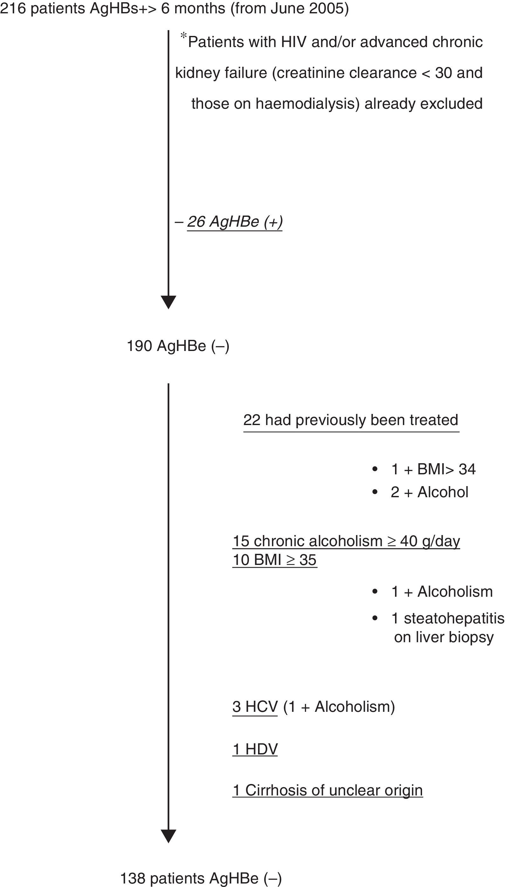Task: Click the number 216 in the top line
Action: coord(13,8)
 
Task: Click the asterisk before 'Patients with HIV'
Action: coord(183,36)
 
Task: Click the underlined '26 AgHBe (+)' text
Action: coord(235,222)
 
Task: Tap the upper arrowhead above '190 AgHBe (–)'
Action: coord(168,301)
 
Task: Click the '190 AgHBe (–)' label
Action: coord(178,346)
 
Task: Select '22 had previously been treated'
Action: coord(351,420)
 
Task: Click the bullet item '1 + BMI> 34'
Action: coord(433,469)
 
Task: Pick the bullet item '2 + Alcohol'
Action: coord(429,492)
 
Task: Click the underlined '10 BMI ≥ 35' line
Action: coord(274,560)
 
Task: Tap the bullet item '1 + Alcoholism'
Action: coord(441,592)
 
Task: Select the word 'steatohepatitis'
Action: coord(454,618)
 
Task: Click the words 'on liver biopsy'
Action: coord(444,637)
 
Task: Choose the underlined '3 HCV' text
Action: coord(255,707)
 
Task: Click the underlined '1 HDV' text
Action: coord(255,749)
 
